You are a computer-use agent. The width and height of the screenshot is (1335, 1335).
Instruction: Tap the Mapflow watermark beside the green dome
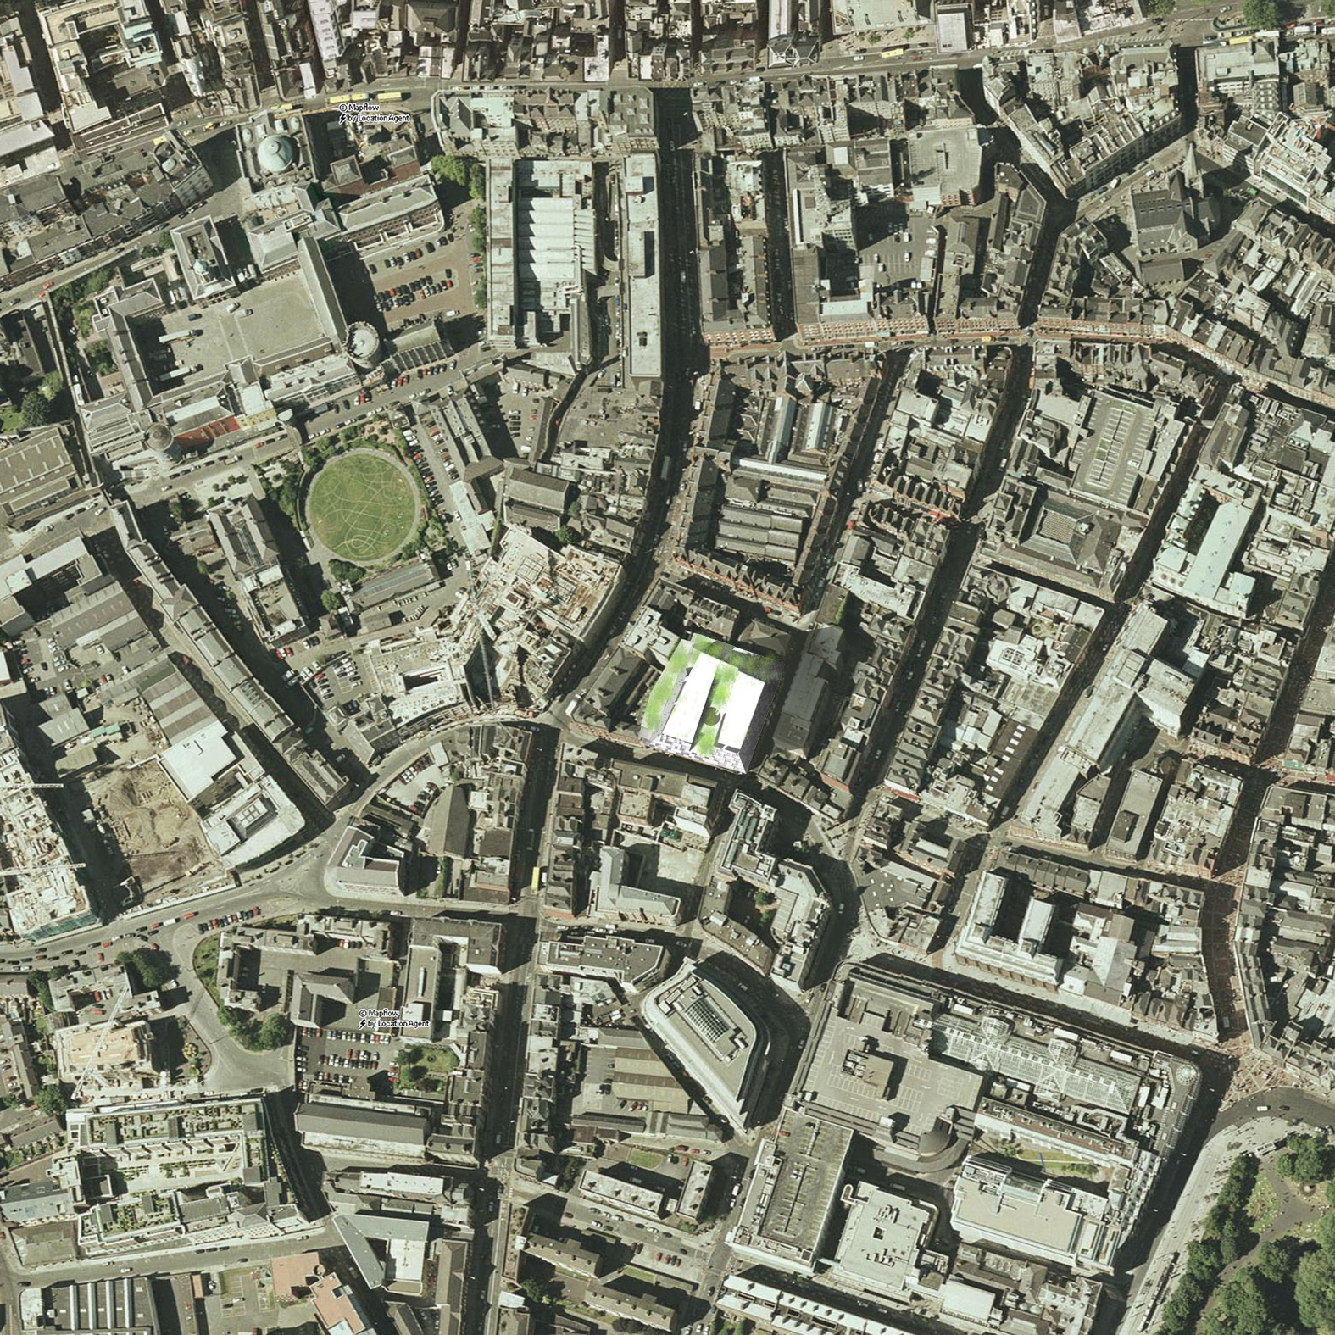coord(374,113)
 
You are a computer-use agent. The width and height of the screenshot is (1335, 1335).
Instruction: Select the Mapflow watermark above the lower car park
coord(394,1018)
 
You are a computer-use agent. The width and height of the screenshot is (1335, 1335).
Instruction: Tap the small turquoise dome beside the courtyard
coord(201,268)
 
